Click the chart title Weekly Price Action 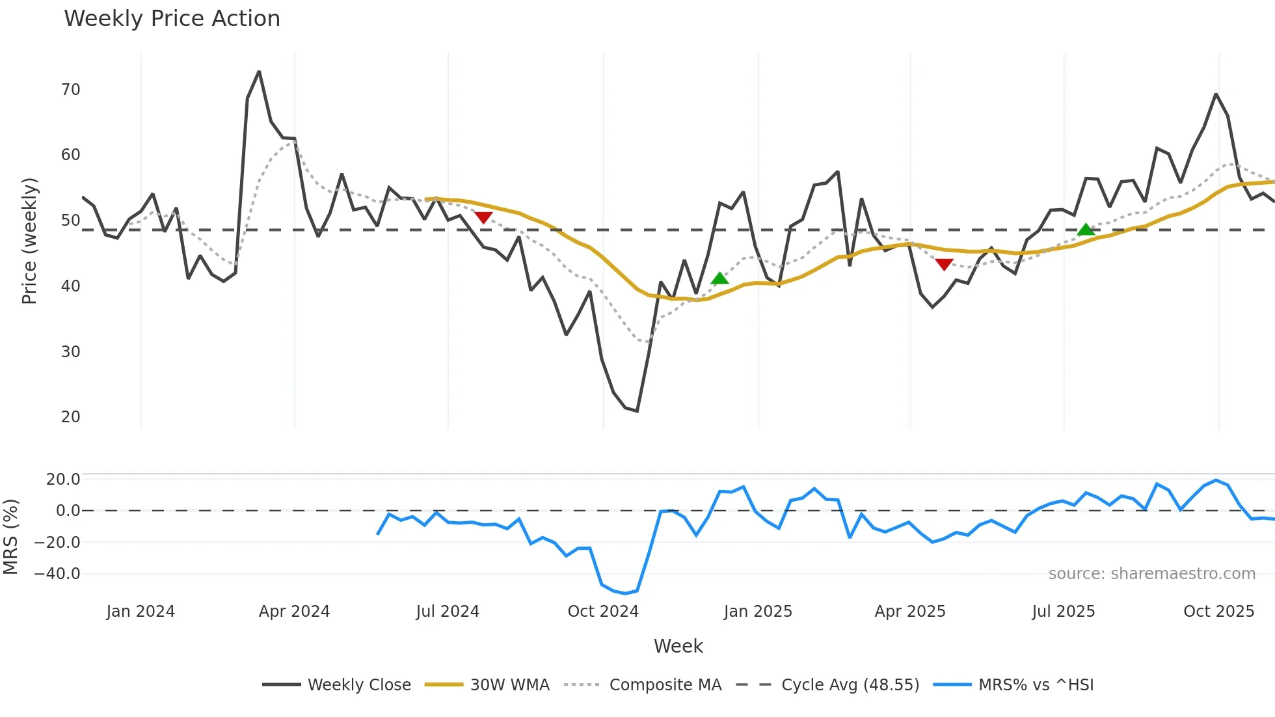pyautogui.click(x=172, y=19)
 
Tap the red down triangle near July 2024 pyautogui.click(x=483, y=217)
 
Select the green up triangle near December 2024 pyautogui.click(x=719, y=278)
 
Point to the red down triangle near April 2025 pyautogui.click(x=944, y=264)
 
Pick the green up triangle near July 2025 pyautogui.click(x=1086, y=230)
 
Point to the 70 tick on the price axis pyautogui.click(x=70, y=90)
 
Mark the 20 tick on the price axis pyautogui.click(x=70, y=417)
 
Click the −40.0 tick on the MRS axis pyautogui.click(x=57, y=574)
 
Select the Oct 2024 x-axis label pyautogui.click(x=603, y=612)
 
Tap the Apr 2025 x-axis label pyautogui.click(x=909, y=612)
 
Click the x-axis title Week pyautogui.click(x=678, y=646)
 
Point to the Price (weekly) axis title pyautogui.click(x=29, y=241)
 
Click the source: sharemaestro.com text pyautogui.click(x=1151, y=574)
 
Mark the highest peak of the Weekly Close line pyautogui.click(x=259, y=72)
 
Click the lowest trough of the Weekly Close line pyautogui.click(x=637, y=411)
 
